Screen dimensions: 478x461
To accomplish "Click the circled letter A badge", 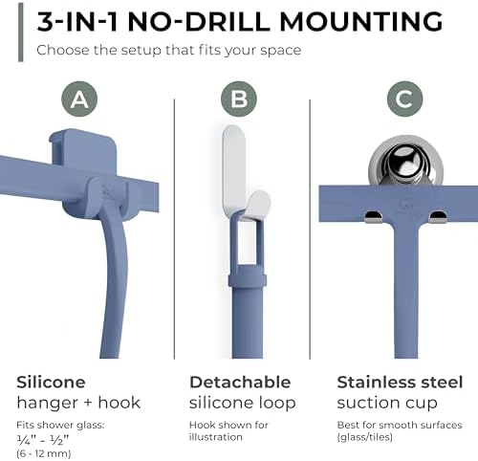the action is point(79,99).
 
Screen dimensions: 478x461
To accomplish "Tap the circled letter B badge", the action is point(239,99).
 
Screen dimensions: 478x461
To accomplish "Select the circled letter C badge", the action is point(405,99).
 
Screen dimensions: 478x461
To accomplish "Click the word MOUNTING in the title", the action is point(361,22).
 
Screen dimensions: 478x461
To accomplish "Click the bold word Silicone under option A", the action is point(51,382).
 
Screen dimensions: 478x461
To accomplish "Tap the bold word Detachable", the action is point(240,382).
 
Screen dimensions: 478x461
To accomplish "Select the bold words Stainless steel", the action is point(400,382).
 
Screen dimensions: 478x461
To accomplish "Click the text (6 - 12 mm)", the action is point(44,453).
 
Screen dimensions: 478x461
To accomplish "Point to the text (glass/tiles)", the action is point(364,437).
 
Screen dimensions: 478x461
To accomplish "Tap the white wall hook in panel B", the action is point(246,173).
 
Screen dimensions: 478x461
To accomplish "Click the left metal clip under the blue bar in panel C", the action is point(374,217).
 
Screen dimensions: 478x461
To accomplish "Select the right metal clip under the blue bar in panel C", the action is point(438,217).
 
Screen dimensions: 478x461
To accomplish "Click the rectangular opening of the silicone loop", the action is point(247,242).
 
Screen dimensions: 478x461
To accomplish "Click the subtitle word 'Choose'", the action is point(63,51).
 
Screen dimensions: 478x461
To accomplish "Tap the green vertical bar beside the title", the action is point(21,32).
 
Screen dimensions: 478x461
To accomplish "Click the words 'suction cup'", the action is point(387,403).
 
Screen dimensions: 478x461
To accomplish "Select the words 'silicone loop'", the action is point(243,403).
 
